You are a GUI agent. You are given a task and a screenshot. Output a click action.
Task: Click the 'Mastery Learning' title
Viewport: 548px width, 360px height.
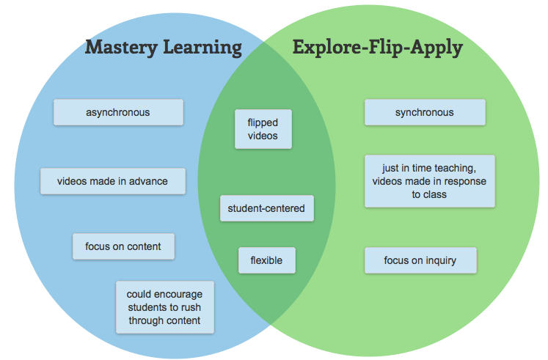click(163, 48)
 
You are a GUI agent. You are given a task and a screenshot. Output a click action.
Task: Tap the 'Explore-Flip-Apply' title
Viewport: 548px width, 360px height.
click(377, 48)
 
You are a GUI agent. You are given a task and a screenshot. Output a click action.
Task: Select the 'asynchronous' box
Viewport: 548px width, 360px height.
click(117, 112)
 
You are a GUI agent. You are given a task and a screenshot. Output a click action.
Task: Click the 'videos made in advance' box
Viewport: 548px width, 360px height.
click(112, 181)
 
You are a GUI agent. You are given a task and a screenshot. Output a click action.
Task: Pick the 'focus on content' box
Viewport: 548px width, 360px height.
click(123, 246)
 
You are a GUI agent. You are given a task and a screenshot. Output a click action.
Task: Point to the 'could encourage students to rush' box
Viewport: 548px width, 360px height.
click(165, 307)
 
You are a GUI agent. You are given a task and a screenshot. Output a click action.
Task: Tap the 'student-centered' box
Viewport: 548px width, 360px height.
click(267, 208)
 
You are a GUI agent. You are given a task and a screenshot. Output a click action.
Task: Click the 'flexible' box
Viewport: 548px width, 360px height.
click(267, 260)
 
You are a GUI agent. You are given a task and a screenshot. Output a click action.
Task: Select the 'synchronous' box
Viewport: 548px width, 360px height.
click(424, 112)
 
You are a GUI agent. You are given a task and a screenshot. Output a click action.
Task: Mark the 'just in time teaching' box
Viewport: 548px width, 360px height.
click(429, 181)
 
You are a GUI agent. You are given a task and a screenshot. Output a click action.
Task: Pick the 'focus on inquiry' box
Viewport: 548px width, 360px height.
click(420, 260)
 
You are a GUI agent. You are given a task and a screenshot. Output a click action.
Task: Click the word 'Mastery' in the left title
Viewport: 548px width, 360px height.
click(121, 48)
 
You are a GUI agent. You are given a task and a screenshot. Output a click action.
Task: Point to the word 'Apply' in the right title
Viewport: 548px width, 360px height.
click(438, 49)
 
